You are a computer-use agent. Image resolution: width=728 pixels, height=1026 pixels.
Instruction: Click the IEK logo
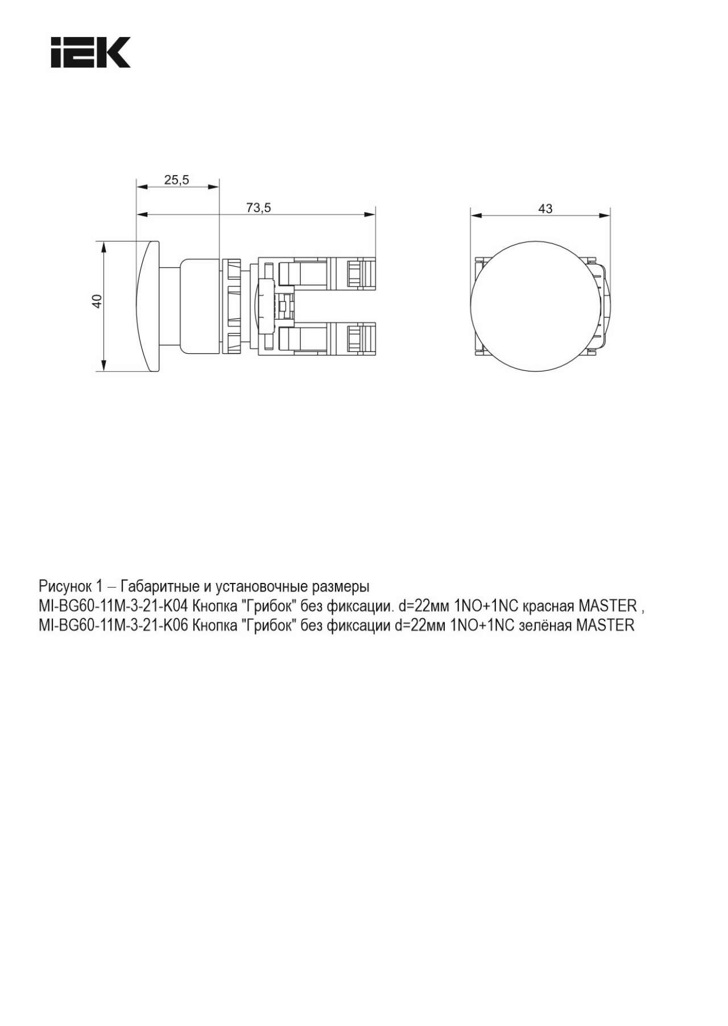point(91,53)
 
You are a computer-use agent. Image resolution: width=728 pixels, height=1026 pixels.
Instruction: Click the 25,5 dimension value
point(177,180)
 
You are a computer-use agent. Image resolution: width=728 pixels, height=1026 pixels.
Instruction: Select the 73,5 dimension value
point(259,208)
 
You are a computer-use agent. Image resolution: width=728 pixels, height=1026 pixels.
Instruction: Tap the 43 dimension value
point(545,209)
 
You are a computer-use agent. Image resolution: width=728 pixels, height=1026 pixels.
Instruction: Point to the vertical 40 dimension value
point(97,301)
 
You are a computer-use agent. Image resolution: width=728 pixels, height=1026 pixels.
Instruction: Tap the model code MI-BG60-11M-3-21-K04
point(113,606)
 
